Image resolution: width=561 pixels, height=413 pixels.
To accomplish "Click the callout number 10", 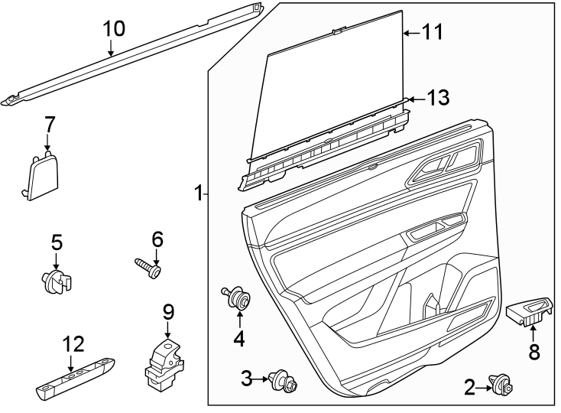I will (x=113, y=29).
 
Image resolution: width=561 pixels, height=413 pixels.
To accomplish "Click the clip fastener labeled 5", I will (x=57, y=281).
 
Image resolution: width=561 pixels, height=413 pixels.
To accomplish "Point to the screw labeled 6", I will (x=150, y=268).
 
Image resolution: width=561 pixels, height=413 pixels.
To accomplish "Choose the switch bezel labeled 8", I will (x=530, y=311).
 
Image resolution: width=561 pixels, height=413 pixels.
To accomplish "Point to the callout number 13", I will (x=438, y=98).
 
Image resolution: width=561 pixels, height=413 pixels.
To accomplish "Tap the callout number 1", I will (x=198, y=193).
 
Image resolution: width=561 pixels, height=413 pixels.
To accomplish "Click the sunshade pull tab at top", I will (x=338, y=30).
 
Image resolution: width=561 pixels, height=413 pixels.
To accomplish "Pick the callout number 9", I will (x=168, y=312).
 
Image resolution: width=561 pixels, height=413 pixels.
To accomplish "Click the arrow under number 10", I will (x=112, y=50).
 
